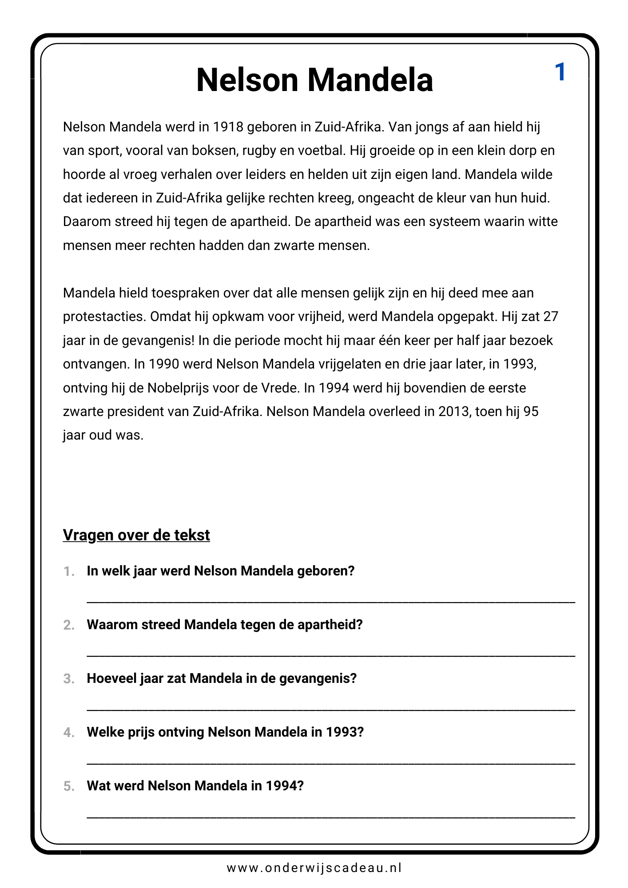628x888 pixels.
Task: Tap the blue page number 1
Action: click(x=560, y=72)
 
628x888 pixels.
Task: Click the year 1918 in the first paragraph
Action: click(x=228, y=127)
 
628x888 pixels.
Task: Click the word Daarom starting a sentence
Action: click(x=87, y=222)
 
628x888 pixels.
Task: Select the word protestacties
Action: click(x=104, y=317)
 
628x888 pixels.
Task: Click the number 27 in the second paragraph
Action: click(x=551, y=317)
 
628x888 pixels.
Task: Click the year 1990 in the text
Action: click(x=163, y=364)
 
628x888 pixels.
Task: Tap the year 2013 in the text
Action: click(x=453, y=412)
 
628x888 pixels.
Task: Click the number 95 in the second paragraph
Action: click(x=531, y=412)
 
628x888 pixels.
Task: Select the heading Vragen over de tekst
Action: click(x=136, y=535)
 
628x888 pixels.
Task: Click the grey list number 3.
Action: click(x=69, y=679)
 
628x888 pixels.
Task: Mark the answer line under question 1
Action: click(x=330, y=601)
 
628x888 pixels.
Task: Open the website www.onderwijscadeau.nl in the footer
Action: click(x=314, y=868)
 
